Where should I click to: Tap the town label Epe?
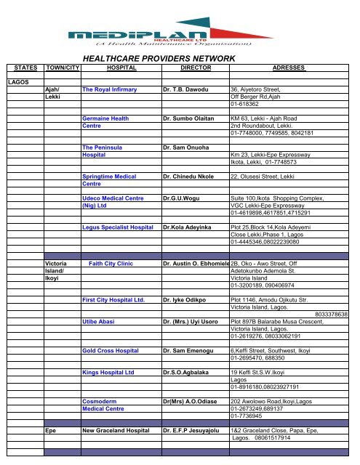[52, 431]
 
